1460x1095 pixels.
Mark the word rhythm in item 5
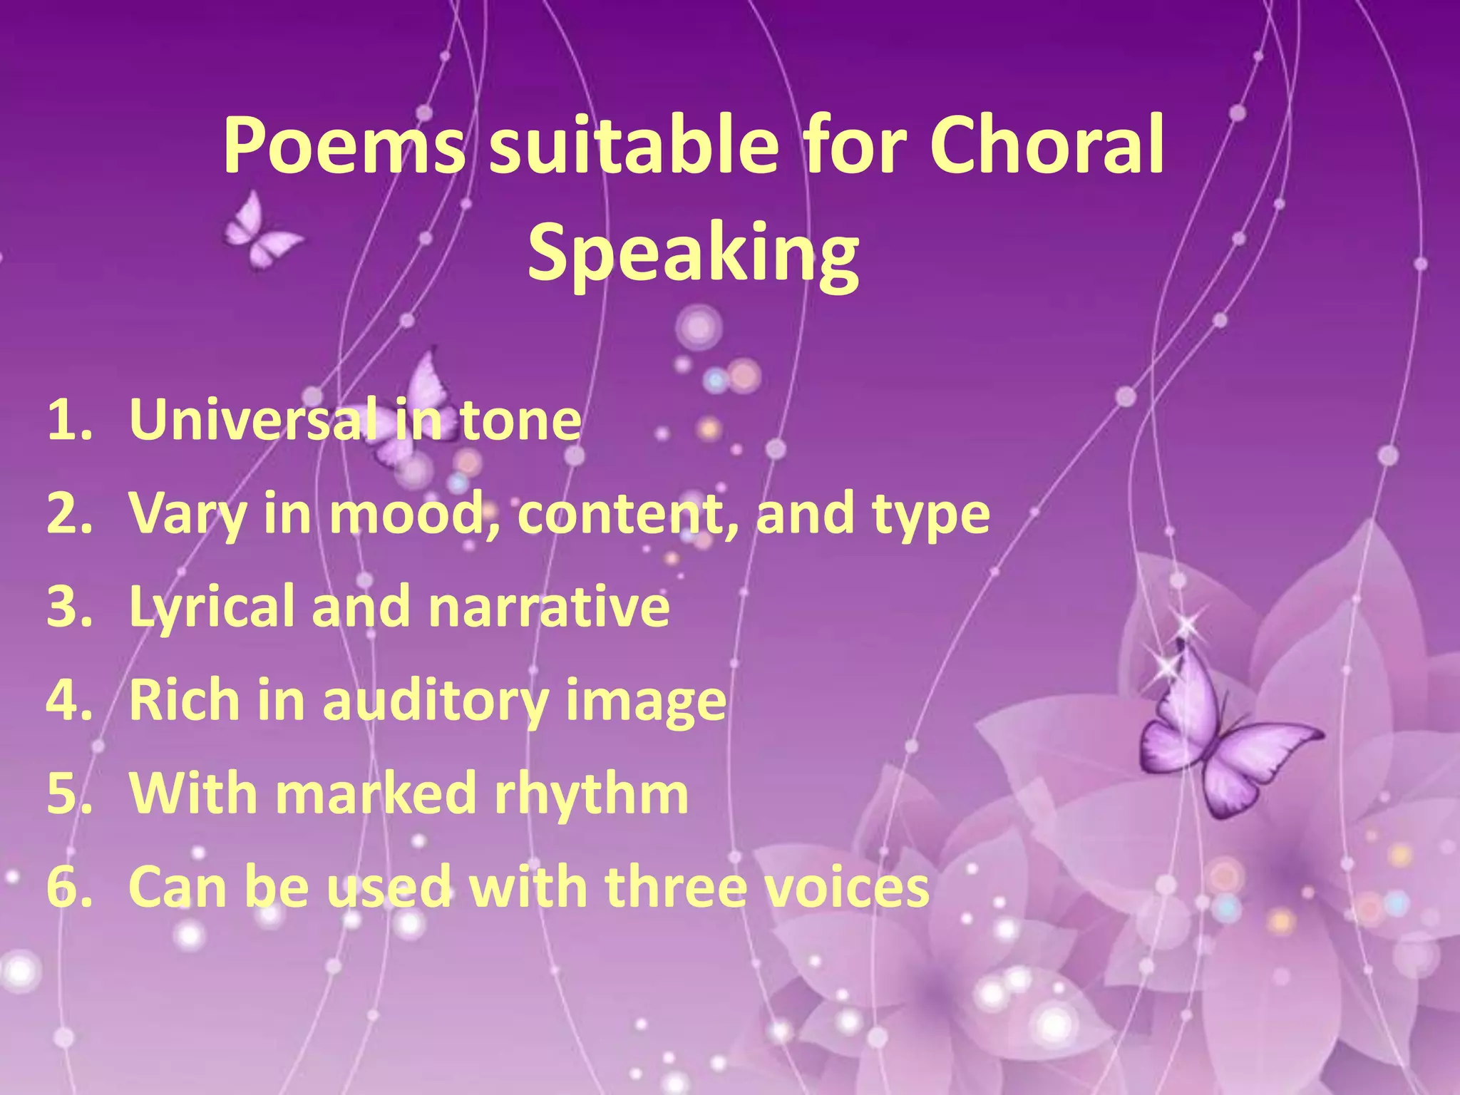click(x=591, y=793)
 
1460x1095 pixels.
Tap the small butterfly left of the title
click(x=258, y=232)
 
